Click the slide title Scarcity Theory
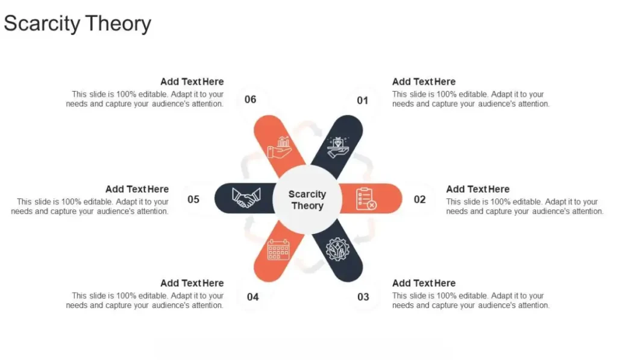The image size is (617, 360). point(78,24)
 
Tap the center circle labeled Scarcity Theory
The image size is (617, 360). point(307,200)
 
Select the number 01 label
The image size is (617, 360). point(362,100)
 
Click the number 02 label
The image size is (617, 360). point(420,199)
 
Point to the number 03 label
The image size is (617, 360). point(363,297)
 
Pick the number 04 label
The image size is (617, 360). point(253,297)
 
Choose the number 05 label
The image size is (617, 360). point(193,199)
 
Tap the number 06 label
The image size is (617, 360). point(251,99)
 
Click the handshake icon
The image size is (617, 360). point(247,198)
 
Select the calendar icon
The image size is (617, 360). point(278,249)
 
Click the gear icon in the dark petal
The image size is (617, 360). point(337,249)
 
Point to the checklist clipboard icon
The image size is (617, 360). point(366,198)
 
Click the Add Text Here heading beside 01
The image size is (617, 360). point(424,81)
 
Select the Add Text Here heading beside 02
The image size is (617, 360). point(478,189)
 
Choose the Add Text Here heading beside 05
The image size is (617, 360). point(137,189)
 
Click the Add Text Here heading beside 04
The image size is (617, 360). point(192,283)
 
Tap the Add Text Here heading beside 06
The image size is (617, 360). point(192,81)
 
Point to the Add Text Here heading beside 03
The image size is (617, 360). point(424,283)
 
